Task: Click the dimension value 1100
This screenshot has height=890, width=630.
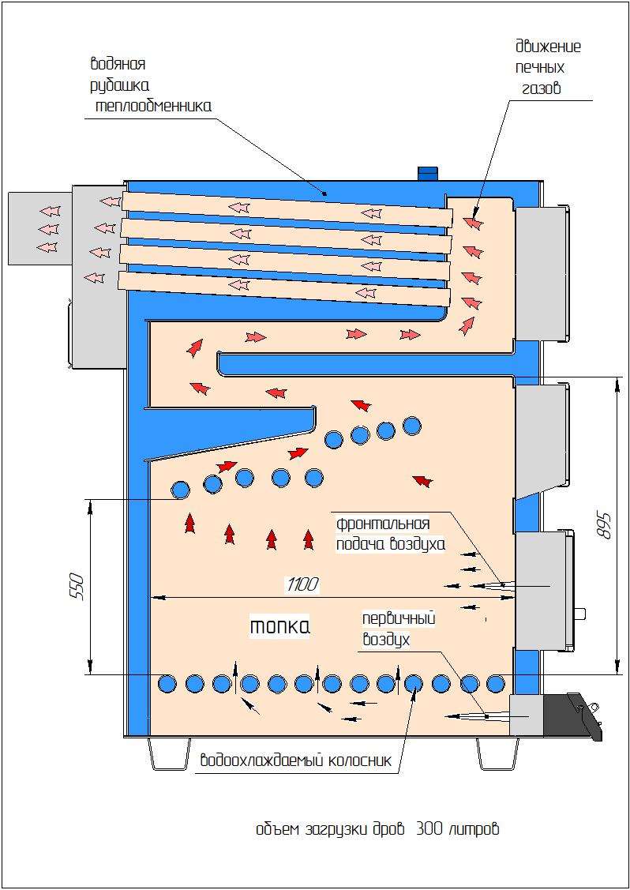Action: (x=303, y=584)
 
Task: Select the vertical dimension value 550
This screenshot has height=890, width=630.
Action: (x=77, y=586)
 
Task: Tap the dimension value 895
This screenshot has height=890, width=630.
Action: (x=605, y=524)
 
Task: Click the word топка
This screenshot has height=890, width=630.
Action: (x=279, y=626)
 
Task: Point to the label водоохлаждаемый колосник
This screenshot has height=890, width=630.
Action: (x=296, y=761)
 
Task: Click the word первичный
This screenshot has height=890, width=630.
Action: (x=399, y=618)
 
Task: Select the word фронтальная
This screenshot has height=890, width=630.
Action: (x=383, y=524)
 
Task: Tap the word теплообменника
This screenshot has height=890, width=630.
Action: (x=152, y=104)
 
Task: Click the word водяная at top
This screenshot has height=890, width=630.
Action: (x=118, y=64)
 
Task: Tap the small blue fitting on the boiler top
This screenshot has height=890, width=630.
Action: (x=427, y=172)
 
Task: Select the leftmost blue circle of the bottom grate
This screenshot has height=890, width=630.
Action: (x=167, y=683)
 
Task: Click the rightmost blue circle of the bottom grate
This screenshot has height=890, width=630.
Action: (x=496, y=683)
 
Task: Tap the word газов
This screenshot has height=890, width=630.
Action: (x=541, y=88)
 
